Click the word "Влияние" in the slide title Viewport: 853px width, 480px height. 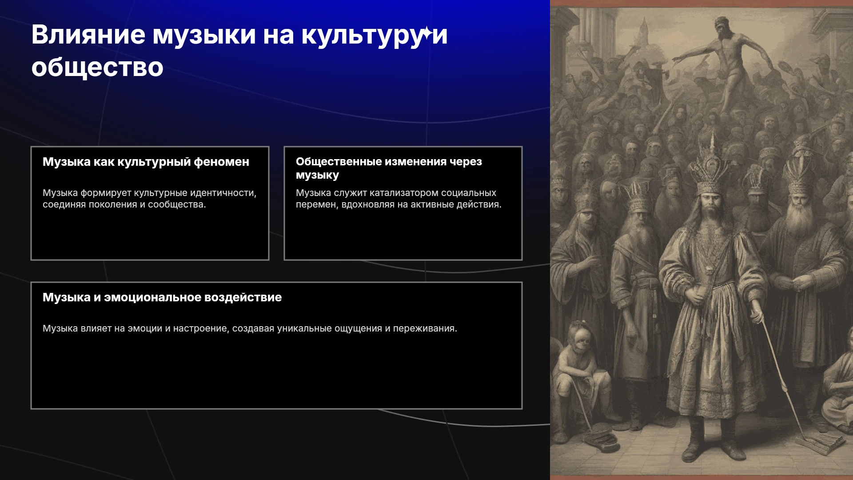88,35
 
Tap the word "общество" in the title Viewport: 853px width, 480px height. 98,68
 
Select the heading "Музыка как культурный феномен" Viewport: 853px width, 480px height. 146,162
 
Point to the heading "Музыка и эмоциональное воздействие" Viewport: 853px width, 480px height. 162,297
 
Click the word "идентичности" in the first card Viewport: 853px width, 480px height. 223,193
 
